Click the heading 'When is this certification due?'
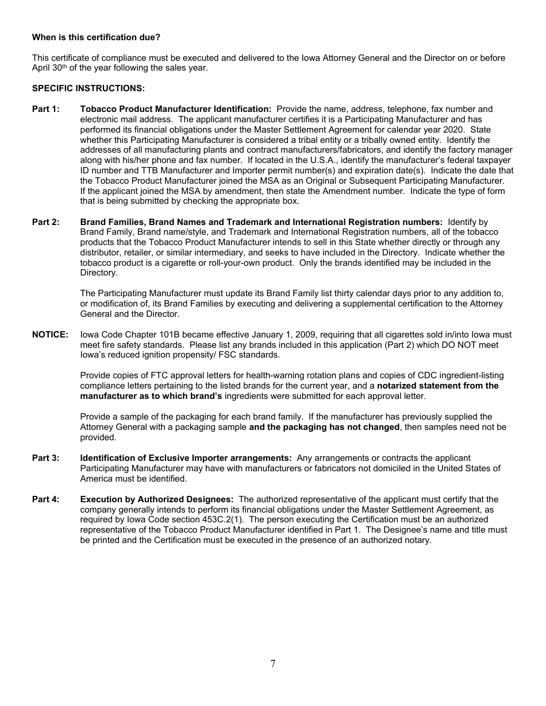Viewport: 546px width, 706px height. tap(96, 37)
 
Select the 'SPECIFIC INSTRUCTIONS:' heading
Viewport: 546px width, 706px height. tap(80, 88)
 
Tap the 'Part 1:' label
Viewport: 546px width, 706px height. tap(45, 109)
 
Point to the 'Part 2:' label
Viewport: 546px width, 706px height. tap(45, 222)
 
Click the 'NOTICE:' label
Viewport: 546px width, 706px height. tap(50, 335)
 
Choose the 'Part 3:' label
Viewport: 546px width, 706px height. tap(45, 458)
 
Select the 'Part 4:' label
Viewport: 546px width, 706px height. tap(45, 499)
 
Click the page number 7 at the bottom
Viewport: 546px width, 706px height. tap(272, 664)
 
